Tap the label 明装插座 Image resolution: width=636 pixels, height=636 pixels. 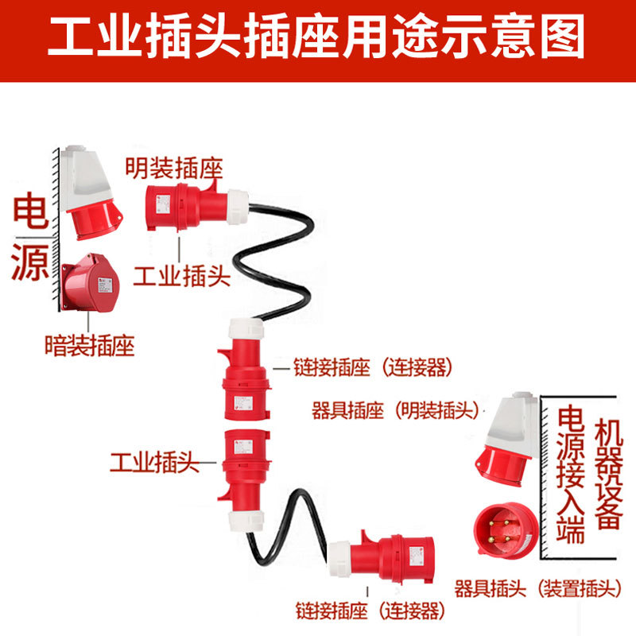(x=173, y=169)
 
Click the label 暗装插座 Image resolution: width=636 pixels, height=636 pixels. (x=89, y=346)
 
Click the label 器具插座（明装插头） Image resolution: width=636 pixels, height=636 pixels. (x=395, y=411)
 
